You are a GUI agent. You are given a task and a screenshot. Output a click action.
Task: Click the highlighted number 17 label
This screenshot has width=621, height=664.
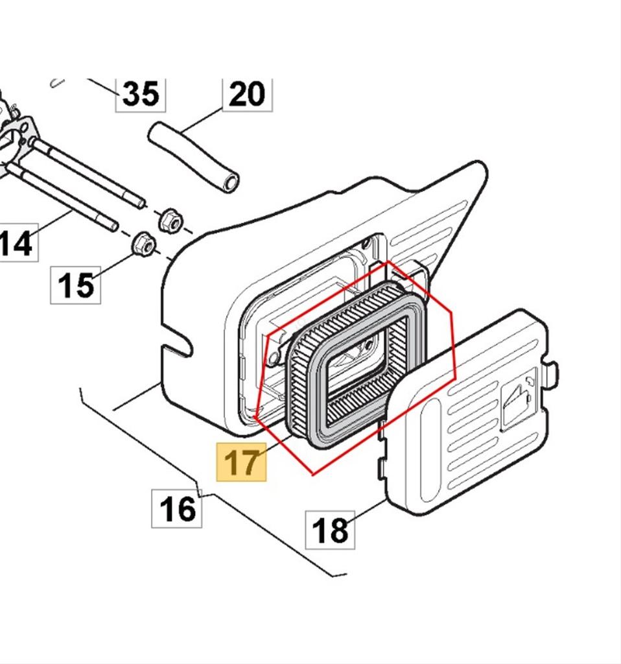[241, 462]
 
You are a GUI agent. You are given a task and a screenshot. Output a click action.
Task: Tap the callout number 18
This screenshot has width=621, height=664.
[330, 529]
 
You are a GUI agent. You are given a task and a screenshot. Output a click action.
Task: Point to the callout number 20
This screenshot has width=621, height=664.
[247, 94]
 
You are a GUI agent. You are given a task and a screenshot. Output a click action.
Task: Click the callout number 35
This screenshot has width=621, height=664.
[140, 94]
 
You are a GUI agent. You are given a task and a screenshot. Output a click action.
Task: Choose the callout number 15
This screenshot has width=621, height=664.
[76, 285]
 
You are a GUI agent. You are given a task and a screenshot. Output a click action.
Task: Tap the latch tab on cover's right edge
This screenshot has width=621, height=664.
[551, 374]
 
